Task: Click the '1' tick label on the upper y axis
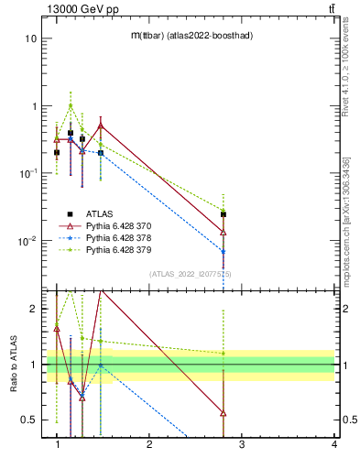(34, 106)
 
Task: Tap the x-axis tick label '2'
(149, 444)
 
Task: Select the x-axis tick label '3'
(242, 444)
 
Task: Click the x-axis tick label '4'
(333, 444)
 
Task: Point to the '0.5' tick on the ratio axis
(28, 420)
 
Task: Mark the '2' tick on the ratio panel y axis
(33, 310)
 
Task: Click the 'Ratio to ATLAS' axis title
(12, 364)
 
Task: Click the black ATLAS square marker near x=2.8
(224, 214)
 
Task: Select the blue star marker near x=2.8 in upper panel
(224, 251)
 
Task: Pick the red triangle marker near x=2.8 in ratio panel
(224, 413)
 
